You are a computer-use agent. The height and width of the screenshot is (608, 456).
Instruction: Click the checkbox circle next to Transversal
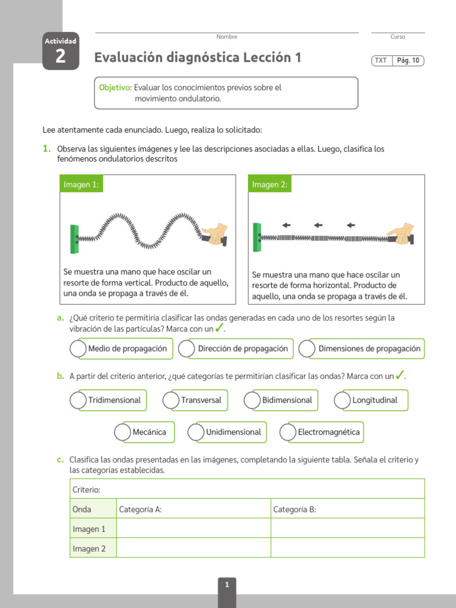pos(171,400)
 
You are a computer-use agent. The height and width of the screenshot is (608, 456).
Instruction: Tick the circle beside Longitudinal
pos(343,400)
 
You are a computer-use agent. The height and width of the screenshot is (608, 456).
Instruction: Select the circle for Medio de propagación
pos(78,349)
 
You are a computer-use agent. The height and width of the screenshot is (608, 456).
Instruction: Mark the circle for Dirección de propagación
pos(186,349)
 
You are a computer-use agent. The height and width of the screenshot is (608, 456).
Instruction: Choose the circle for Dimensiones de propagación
pos(307,349)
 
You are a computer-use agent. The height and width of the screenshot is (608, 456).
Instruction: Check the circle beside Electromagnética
pos(288,432)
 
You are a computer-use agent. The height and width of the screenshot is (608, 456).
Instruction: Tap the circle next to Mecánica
pos(123,432)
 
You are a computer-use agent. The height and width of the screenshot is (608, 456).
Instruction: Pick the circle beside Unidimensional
pos(196,432)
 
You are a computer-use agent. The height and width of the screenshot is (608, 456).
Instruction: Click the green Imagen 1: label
pos(81,185)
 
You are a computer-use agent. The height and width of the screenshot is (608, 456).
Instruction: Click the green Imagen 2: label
pos(270,185)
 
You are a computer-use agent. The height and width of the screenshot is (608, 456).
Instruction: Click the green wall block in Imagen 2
pos(256,237)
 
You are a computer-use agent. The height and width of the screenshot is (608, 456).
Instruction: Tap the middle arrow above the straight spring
pos(318,225)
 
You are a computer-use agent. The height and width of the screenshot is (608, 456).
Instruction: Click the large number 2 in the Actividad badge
pos(61,58)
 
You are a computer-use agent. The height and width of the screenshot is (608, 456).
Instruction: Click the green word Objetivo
pos(114,87)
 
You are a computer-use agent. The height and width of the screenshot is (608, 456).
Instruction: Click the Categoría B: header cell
pos(347,509)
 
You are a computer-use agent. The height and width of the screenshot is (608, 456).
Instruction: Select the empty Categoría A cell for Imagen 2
pos(194,548)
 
